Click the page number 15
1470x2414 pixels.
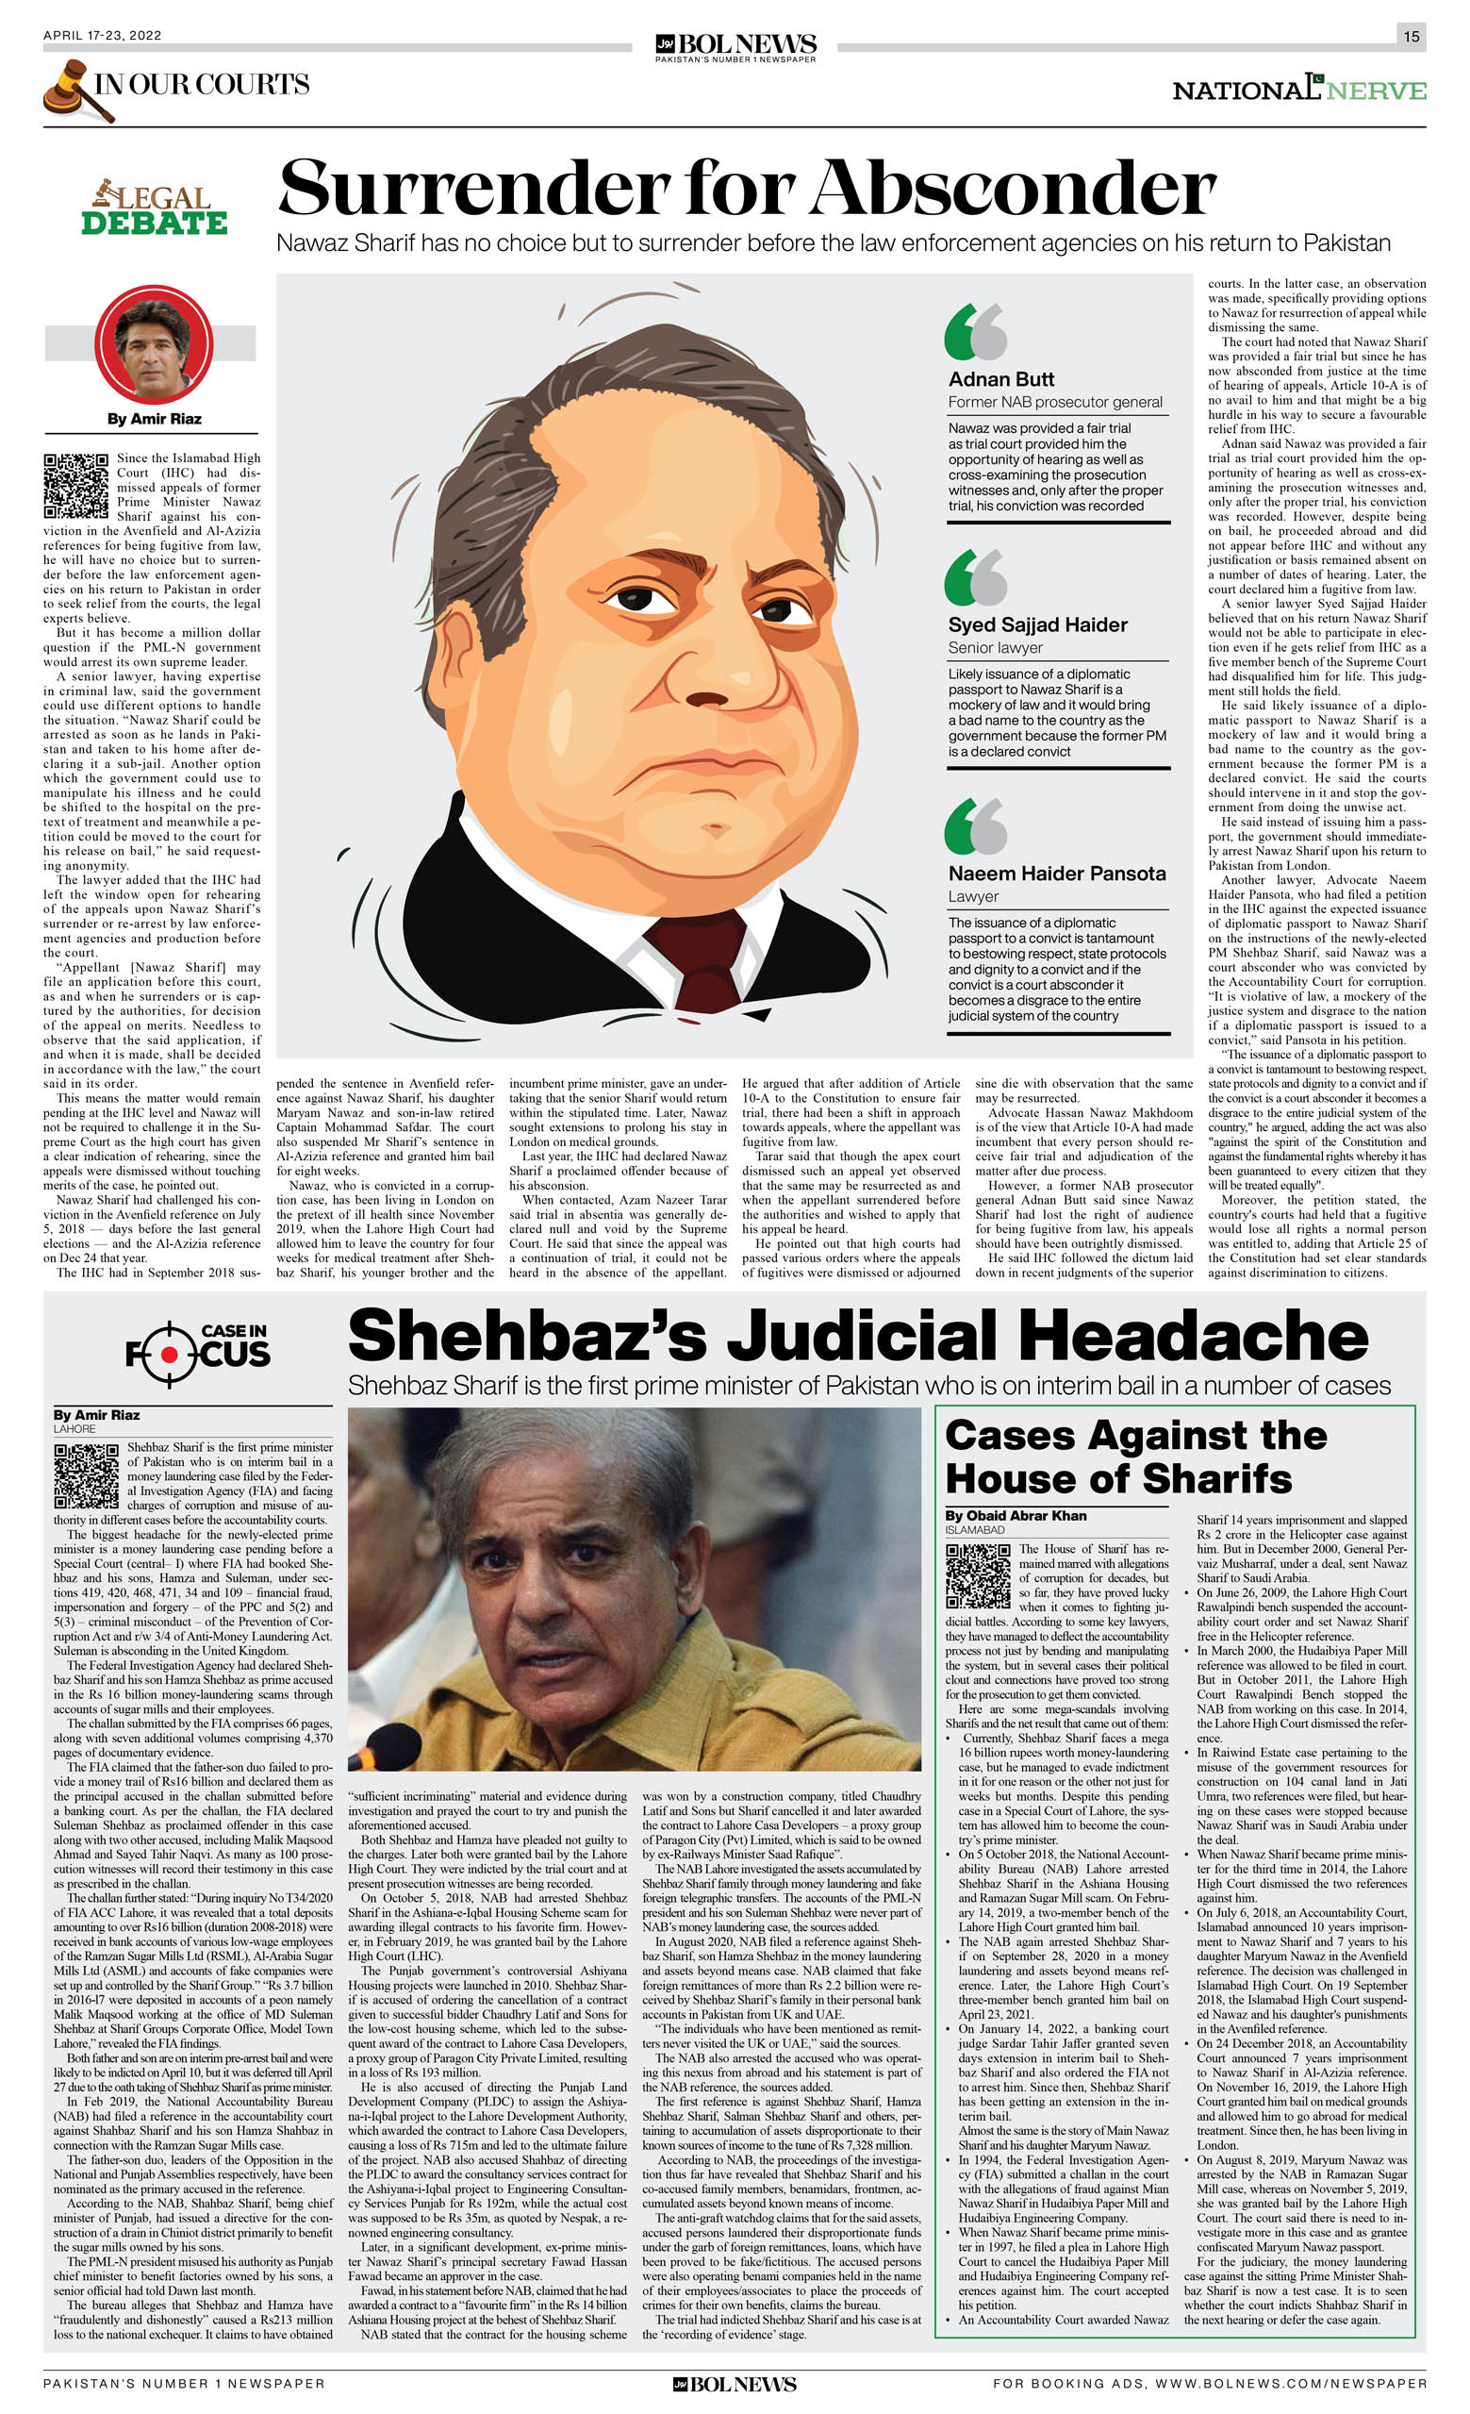pyautogui.click(x=1411, y=36)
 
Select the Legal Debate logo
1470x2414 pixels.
pyautogui.click(x=155, y=208)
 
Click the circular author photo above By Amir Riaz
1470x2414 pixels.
pyautogui.click(x=153, y=345)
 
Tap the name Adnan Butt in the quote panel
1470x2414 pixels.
pyautogui.click(x=1000, y=379)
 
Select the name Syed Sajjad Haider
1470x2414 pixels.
pyautogui.click(x=1037, y=625)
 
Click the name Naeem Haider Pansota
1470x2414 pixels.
pyautogui.click(x=1056, y=873)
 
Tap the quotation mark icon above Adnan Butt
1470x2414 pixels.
pyautogui.click(x=975, y=331)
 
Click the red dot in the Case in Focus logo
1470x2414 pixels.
pyautogui.click(x=170, y=1354)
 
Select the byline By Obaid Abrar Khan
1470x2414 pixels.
pyautogui.click(x=1016, y=1516)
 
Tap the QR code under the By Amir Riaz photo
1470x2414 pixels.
pyautogui.click(x=75, y=485)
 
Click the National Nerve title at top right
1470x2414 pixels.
pyautogui.click(x=1298, y=91)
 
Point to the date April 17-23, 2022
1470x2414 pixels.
pyautogui.click(x=102, y=35)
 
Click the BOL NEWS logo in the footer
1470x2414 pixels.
pyautogui.click(x=734, y=2384)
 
